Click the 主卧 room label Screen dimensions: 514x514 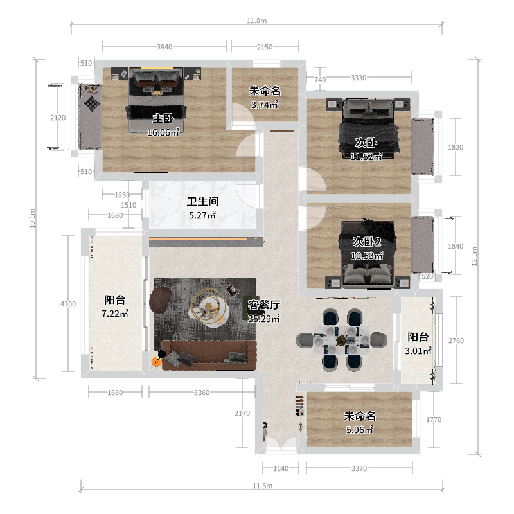[x=163, y=118]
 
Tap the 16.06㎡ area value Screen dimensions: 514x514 [x=163, y=132]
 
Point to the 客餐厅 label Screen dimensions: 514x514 [x=264, y=305]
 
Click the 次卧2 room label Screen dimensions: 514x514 [x=367, y=242]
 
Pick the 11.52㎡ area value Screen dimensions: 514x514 [x=366, y=155]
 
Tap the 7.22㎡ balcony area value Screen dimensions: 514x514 [x=115, y=314]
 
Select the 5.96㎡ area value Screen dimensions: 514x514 [x=359, y=430]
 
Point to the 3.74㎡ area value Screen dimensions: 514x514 [x=265, y=105]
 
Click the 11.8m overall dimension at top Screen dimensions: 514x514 [x=256, y=21]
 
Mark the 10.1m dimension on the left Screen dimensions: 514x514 [x=33, y=219]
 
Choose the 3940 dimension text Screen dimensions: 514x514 [x=164, y=47]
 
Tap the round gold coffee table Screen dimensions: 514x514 [x=209, y=307]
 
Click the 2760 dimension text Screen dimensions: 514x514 [x=455, y=341]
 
